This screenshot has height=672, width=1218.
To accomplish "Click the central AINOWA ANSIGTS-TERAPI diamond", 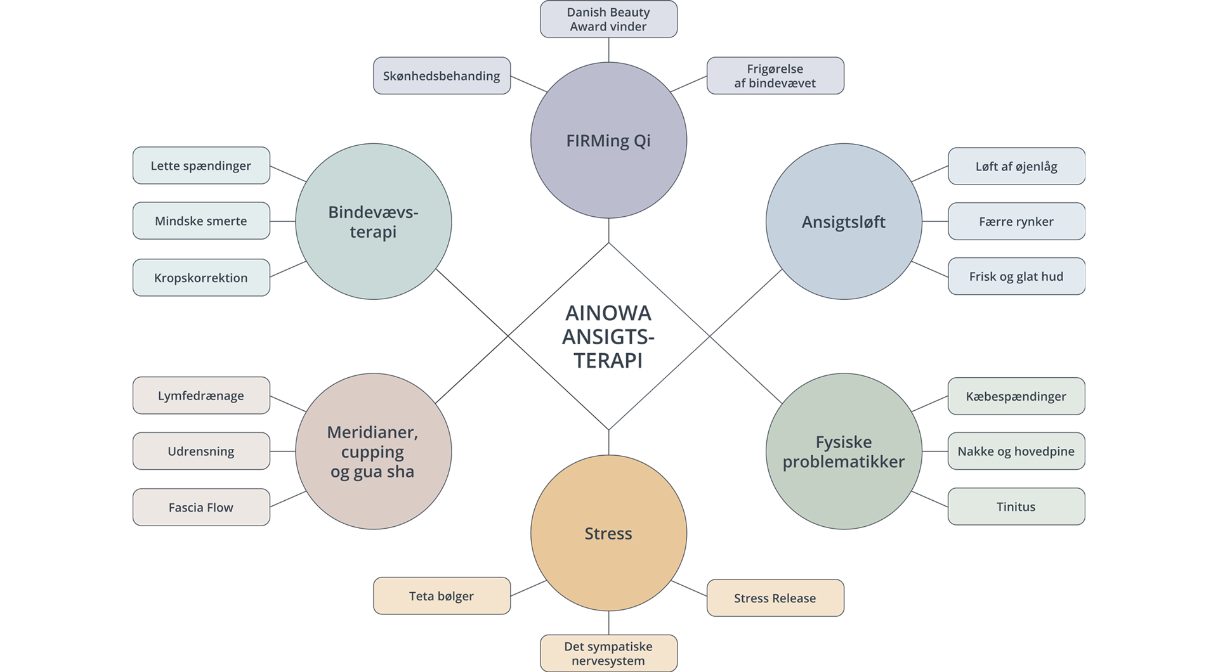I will click(608, 336).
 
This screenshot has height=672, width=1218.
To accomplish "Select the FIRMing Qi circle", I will click(608, 140).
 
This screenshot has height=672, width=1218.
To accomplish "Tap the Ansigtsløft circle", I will click(843, 222).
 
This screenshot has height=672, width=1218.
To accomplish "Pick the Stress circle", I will click(608, 533).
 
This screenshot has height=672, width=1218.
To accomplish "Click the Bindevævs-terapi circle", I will click(373, 222).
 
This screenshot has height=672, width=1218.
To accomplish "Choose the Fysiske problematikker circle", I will click(843, 451).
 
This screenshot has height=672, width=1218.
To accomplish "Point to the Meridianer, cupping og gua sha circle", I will click(373, 451).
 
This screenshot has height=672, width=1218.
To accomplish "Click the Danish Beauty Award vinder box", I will click(608, 19).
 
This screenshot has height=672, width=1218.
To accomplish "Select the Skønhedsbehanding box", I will click(442, 76).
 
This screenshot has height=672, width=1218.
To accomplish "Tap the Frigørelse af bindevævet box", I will click(775, 76).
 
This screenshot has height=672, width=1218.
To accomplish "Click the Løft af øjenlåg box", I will click(1016, 166).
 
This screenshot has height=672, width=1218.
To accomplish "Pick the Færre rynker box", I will click(1016, 221).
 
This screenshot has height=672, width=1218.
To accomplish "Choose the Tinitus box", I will click(1016, 507).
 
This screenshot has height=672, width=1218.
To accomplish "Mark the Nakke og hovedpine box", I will click(1016, 451).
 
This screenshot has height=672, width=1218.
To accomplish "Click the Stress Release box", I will click(775, 598).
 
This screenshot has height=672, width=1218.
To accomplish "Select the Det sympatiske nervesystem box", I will click(608, 653).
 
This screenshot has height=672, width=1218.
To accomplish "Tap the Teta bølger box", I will click(442, 596).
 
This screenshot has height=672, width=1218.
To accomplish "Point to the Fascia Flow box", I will click(201, 507).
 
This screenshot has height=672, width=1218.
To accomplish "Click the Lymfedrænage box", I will click(201, 396).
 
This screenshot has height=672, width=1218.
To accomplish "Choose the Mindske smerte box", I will click(201, 221).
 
